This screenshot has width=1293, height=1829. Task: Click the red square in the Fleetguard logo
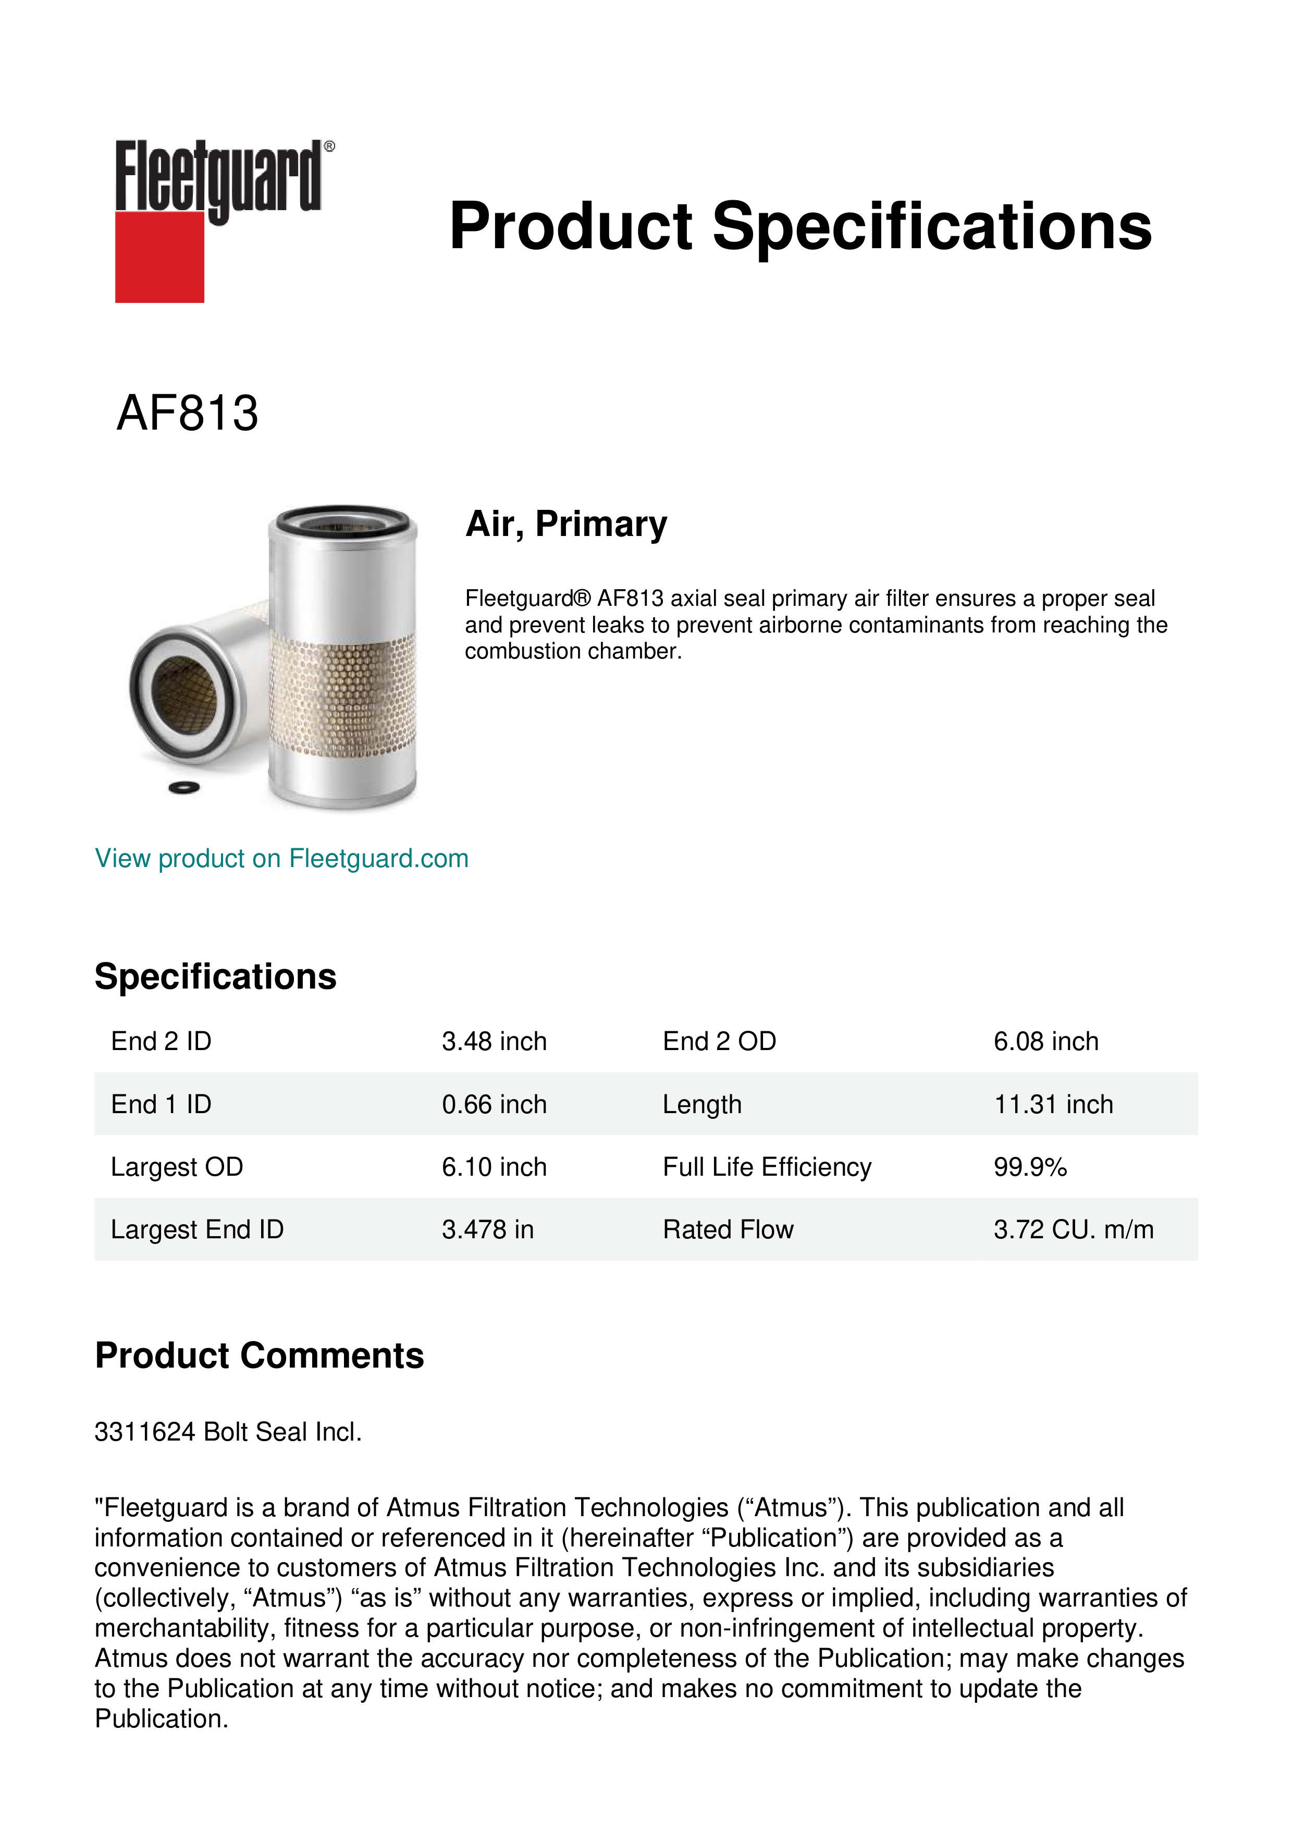pos(159,257)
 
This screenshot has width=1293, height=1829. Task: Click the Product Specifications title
pos(800,226)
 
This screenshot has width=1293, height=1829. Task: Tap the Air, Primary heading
pos(566,524)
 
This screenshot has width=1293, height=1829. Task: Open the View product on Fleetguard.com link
pos(282,859)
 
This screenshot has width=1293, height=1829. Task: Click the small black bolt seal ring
pos(184,788)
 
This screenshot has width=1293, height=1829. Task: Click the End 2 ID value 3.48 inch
pos(494,1041)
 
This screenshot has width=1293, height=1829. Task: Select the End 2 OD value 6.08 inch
pos(1045,1041)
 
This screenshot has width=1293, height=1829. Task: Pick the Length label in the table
pos(701,1104)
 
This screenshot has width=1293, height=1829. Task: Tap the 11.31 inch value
pos(1053,1104)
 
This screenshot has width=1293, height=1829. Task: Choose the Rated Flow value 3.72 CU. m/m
pos(1073,1229)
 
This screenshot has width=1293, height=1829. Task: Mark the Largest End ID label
pos(196,1229)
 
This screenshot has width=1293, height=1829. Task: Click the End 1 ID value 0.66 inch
pos(494,1104)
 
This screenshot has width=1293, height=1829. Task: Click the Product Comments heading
pos(259,1355)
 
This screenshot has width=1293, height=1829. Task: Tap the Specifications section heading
pos(215,977)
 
